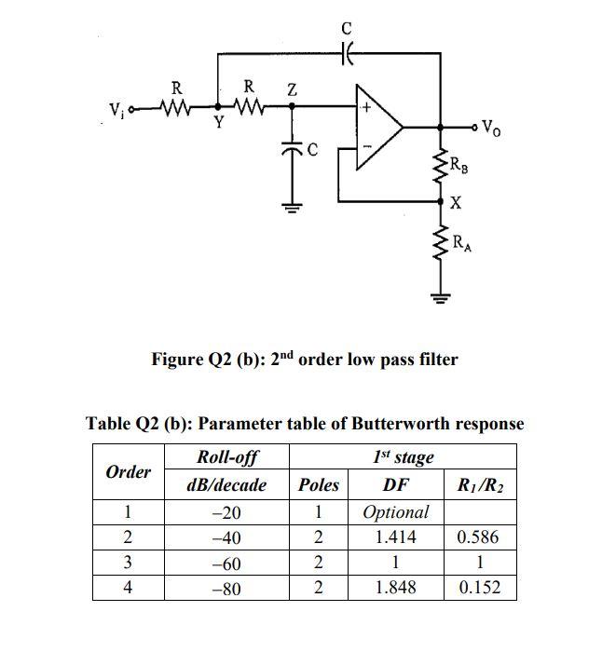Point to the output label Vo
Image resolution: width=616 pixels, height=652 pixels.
point(490,129)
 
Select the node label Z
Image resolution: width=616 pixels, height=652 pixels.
point(292,89)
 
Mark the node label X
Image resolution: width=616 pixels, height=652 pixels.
point(455,202)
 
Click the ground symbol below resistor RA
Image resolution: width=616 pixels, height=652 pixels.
point(441,298)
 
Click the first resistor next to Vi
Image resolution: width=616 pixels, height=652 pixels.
point(175,110)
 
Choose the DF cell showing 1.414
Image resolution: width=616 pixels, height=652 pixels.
point(395,537)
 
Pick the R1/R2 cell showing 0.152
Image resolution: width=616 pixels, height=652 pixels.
point(478,587)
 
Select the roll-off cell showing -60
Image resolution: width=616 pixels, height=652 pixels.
point(226,563)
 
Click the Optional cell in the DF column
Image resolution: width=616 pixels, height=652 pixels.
point(395,511)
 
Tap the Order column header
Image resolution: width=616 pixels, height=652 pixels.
point(129,471)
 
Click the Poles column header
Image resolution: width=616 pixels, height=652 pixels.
point(319,484)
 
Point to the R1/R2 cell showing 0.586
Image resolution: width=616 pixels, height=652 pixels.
point(478,537)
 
